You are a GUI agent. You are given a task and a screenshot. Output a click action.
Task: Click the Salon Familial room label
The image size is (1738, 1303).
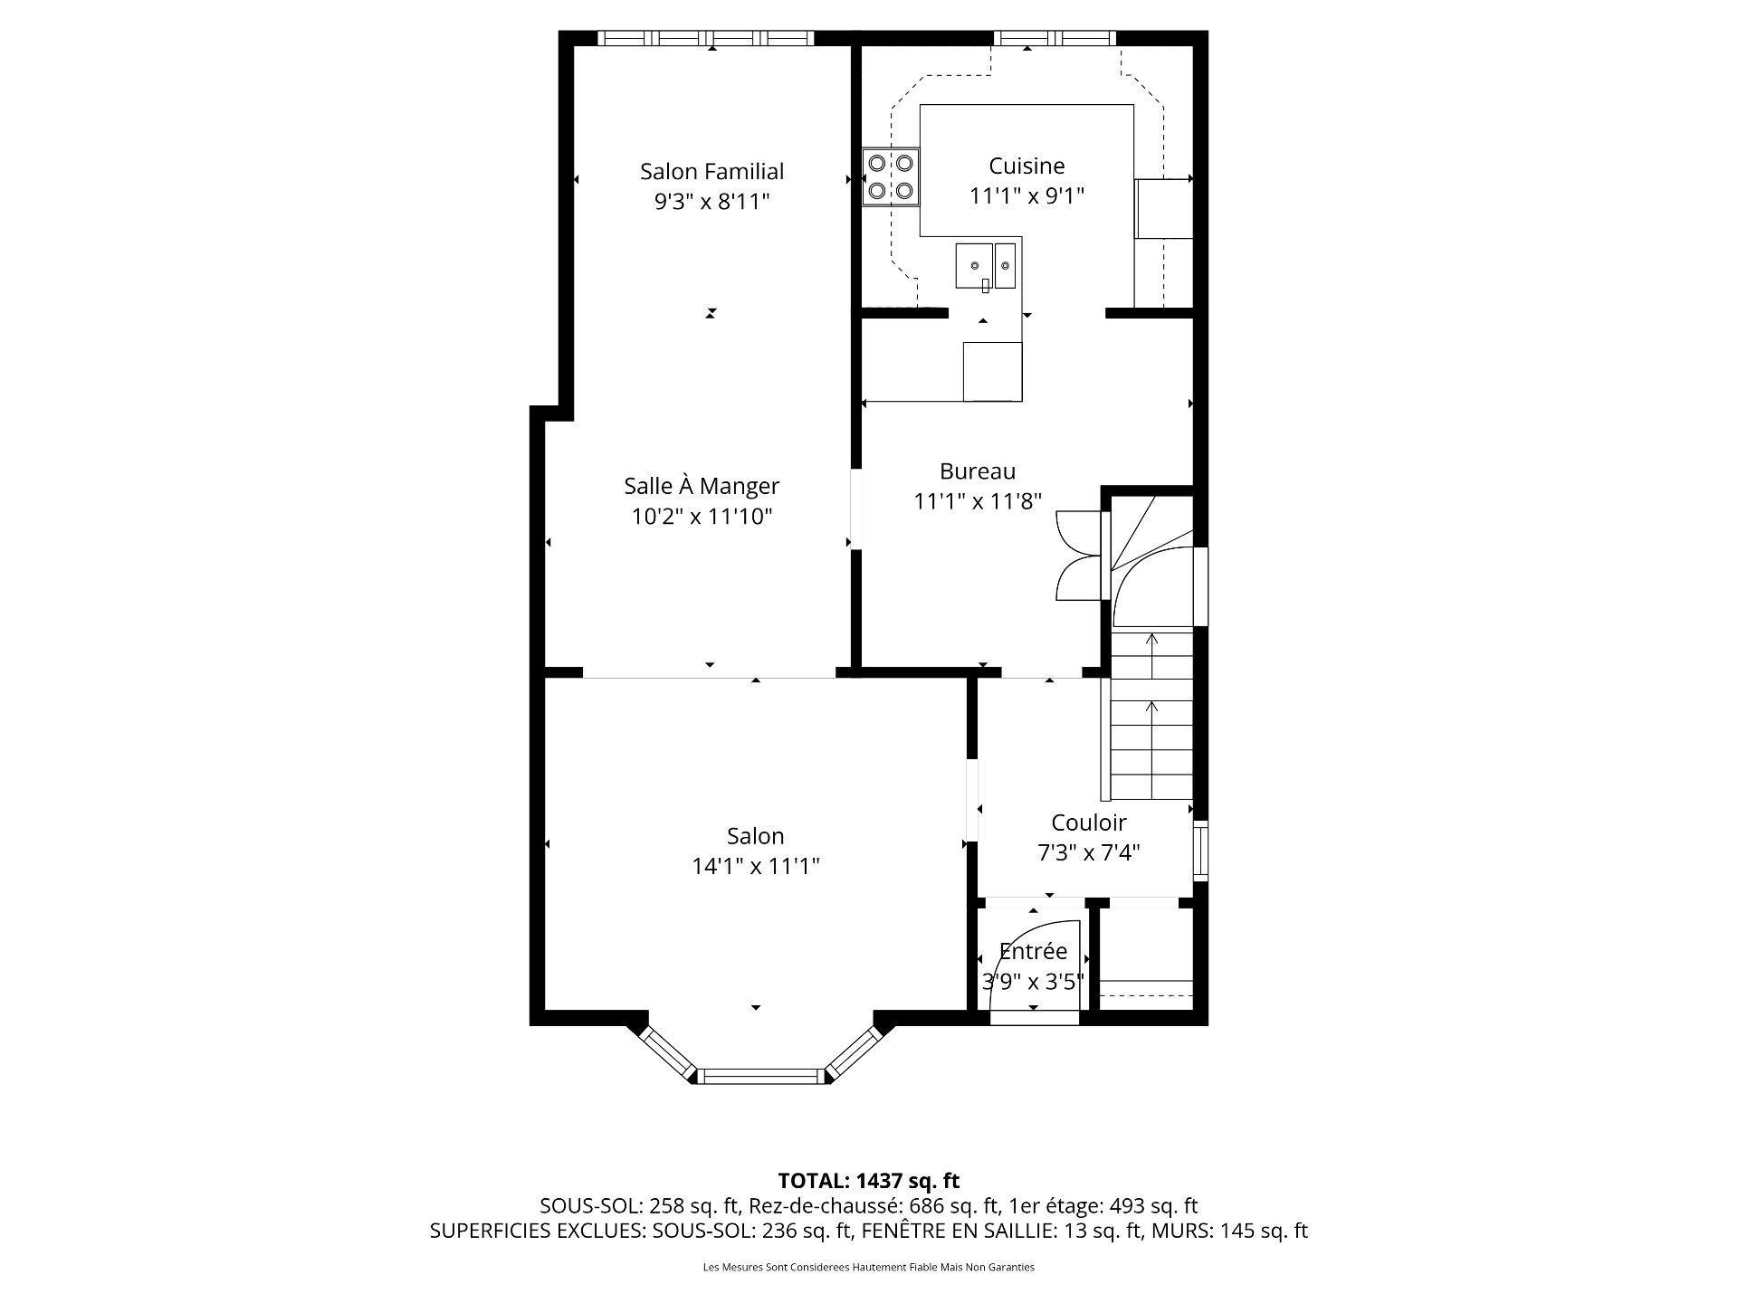pyautogui.click(x=711, y=171)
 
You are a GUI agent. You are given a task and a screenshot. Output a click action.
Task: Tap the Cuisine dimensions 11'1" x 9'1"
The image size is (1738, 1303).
pyautogui.click(x=1027, y=195)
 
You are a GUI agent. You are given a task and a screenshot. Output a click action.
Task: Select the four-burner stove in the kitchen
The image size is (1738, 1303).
pyautogui.click(x=891, y=177)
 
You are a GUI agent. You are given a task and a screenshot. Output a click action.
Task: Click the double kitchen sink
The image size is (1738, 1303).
pyautogui.click(x=987, y=266)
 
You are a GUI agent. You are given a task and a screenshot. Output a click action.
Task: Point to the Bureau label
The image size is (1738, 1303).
pyautogui.click(x=978, y=471)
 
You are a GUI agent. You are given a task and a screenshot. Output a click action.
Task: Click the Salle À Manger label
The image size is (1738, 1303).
pyautogui.click(x=702, y=486)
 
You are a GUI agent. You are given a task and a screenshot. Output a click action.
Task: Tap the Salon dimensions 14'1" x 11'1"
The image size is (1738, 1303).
pyautogui.click(x=756, y=866)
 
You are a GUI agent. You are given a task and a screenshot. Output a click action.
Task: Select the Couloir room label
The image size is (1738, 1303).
pyautogui.click(x=1088, y=823)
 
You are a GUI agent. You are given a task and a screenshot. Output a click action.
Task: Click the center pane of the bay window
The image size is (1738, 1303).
pyautogui.click(x=760, y=1076)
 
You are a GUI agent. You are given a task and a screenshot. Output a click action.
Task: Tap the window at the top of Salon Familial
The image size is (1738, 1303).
pyautogui.click(x=706, y=38)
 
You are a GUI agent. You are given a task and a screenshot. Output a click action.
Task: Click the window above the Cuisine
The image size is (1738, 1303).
pyautogui.click(x=1055, y=38)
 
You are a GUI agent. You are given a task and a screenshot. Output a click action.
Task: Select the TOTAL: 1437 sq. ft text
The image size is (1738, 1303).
pyautogui.click(x=869, y=1181)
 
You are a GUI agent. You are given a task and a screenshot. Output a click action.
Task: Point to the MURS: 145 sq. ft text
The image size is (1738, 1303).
pyautogui.click(x=1245, y=1231)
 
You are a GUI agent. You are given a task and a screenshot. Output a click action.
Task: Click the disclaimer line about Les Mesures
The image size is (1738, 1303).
pyautogui.click(x=869, y=1268)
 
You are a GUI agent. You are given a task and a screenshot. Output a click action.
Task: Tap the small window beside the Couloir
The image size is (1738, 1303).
pyautogui.click(x=1200, y=851)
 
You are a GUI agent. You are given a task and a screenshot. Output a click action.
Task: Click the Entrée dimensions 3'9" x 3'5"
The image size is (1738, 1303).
pyautogui.click(x=1033, y=982)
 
